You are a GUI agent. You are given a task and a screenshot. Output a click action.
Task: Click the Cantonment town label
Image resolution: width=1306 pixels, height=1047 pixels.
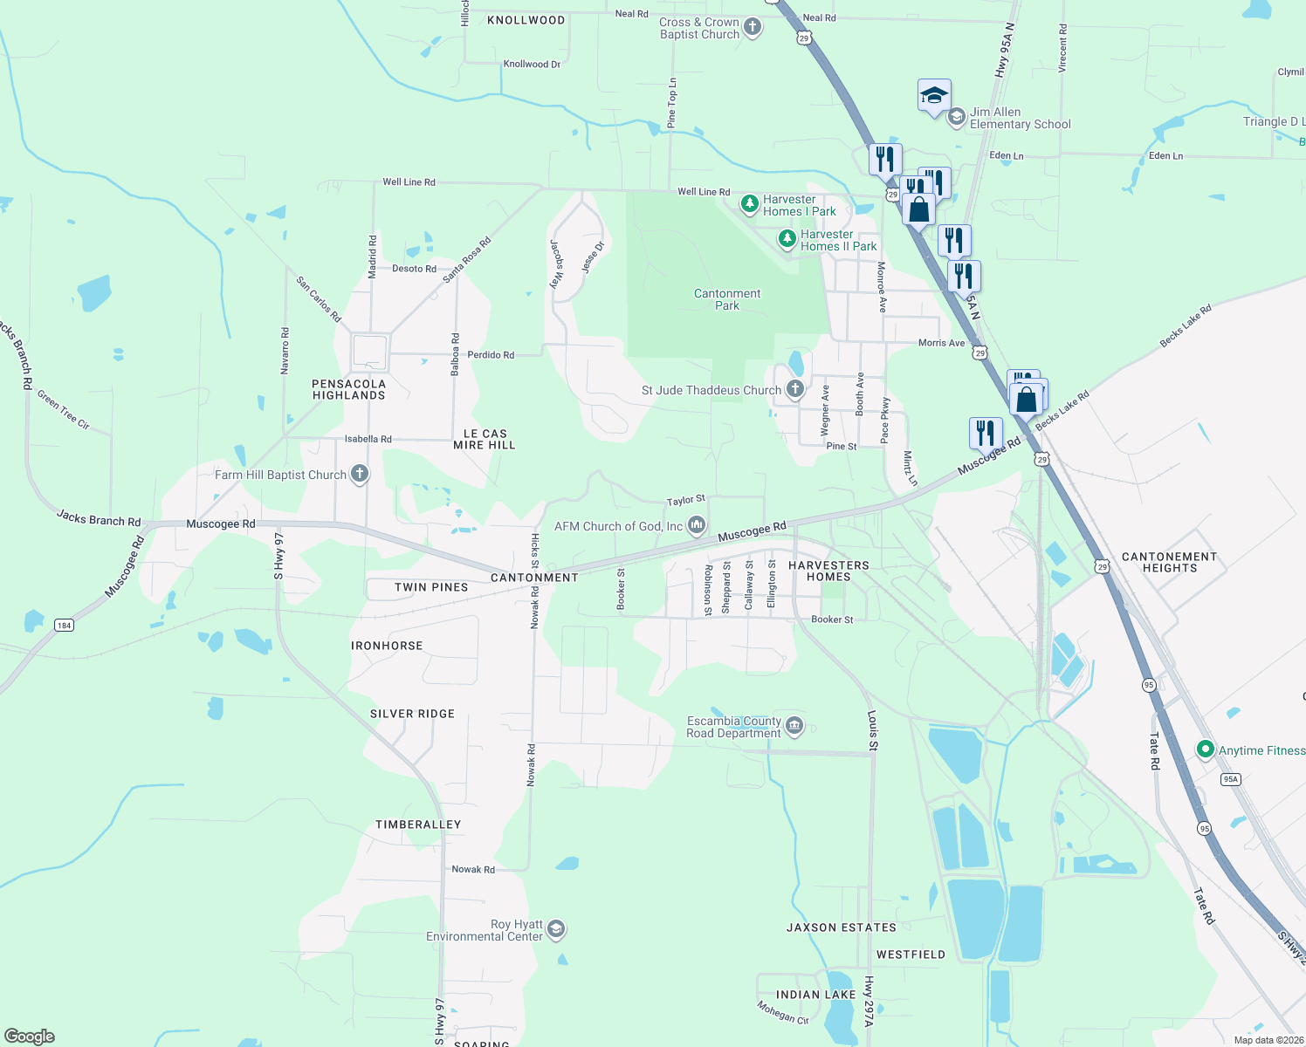click(534, 578)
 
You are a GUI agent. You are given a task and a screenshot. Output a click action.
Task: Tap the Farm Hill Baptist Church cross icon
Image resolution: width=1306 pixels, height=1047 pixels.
click(359, 475)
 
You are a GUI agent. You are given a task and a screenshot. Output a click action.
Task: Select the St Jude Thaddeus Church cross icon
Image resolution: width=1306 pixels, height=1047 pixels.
click(794, 389)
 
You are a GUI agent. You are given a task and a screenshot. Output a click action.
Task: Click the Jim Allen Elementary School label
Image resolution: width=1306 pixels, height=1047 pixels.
click(1020, 118)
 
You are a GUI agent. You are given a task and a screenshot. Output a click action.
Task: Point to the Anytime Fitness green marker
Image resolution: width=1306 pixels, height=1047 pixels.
click(1206, 749)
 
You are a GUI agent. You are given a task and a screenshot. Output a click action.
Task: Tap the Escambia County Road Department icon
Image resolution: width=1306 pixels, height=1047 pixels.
click(794, 727)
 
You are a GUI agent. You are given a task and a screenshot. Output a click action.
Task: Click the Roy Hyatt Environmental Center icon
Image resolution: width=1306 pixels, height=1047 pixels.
click(556, 930)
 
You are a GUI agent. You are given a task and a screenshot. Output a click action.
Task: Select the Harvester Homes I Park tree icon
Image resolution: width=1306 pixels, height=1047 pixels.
click(749, 204)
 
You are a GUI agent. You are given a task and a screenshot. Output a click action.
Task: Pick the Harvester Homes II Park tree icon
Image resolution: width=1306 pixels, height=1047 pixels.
click(787, 239)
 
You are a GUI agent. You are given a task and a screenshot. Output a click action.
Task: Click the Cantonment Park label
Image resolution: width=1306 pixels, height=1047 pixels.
click(727, 299)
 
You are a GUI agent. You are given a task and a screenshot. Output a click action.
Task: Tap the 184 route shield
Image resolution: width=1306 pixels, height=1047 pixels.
click(64, 625)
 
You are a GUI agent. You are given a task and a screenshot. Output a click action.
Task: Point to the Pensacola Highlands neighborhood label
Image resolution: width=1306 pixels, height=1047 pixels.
click(349, 389)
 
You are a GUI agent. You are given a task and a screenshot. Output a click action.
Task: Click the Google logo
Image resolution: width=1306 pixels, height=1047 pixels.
click(30, 1036)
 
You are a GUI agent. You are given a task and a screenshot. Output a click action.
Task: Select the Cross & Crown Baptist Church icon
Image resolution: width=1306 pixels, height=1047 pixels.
click(753, 28)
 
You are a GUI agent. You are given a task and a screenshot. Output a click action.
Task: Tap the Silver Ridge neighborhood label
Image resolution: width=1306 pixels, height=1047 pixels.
click(412, 714)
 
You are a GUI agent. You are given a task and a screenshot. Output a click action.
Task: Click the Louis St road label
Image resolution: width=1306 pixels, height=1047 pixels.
click(872, 730)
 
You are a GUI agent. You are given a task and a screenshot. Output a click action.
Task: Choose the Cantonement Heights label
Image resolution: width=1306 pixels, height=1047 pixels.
click(1169, 562)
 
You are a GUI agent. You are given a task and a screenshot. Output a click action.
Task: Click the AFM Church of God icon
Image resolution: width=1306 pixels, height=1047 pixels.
click(697, 525)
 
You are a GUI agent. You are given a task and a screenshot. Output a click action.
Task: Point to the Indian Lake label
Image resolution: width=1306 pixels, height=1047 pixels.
click(816, 995)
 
